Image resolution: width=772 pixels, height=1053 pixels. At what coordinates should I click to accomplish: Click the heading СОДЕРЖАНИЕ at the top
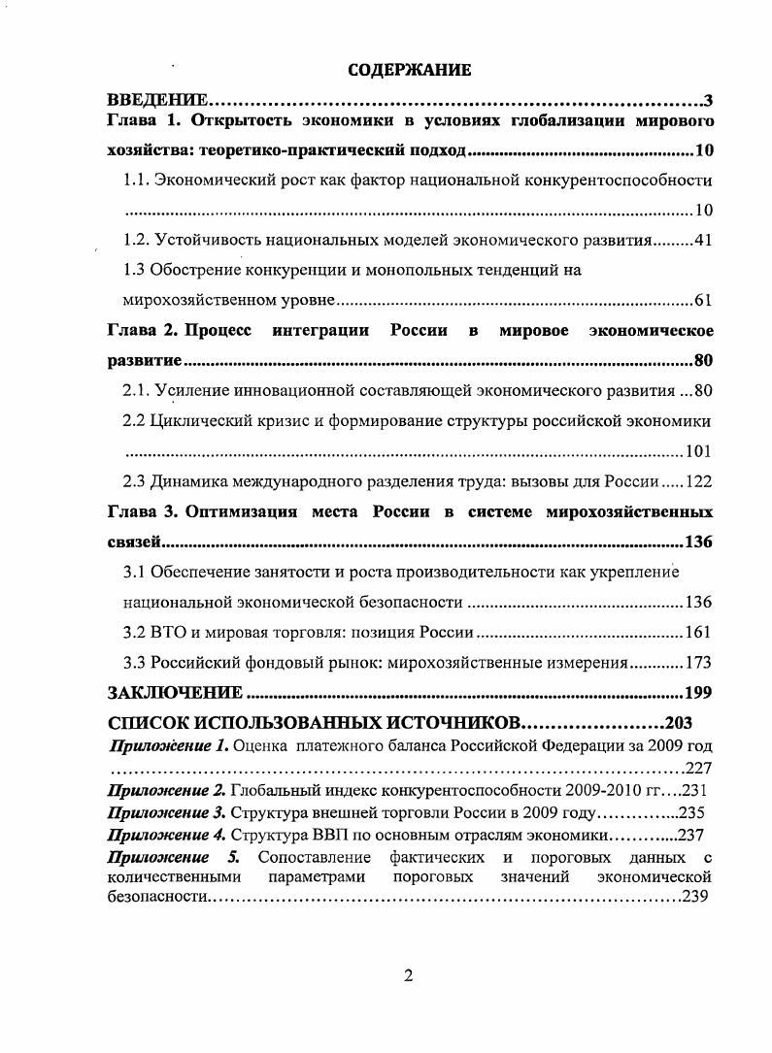coord(409,70)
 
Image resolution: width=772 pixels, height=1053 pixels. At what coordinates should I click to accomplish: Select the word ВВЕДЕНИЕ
coord(156,101)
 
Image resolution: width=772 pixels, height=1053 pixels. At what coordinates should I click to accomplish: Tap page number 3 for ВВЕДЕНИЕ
coord(709,101)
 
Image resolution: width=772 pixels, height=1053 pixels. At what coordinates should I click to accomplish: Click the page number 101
coord(698,451)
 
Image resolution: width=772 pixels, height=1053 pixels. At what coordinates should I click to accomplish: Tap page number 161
coord(698,633)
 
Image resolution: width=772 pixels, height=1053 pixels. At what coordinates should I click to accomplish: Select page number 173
coord(698,663)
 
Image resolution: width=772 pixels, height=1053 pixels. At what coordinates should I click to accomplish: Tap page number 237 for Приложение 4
coord(692,834)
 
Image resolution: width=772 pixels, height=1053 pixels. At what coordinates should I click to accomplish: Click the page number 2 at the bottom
coord(409,976)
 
